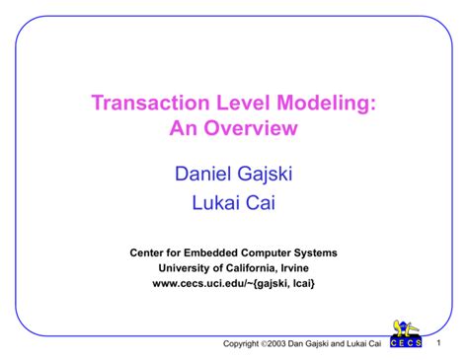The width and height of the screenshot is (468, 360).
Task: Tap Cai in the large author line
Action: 260,205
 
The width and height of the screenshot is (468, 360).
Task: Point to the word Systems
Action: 315,252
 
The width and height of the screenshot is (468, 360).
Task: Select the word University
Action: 187,267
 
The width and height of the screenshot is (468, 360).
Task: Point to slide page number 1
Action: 436,341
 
